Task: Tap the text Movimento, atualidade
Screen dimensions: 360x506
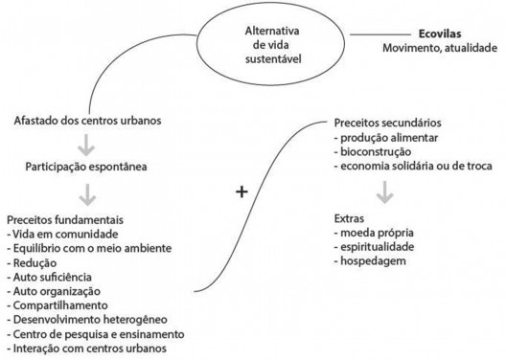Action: coord(440,47)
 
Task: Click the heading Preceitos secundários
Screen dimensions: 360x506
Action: coord(387,124)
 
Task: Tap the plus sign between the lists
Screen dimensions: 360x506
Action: coord(241,191)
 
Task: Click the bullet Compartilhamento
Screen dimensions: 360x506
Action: coord(57,305)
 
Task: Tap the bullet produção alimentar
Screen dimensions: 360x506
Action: coord(384,138)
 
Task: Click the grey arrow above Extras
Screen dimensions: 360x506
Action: coord(384,191)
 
